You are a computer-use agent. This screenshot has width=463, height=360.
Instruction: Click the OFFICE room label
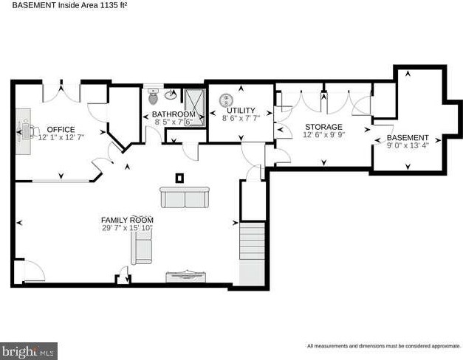pyautogui.click(x=61, y=130)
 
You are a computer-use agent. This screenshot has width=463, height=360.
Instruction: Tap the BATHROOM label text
pyautogui.click(x=174, y=114)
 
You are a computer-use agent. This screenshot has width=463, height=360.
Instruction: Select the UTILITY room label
pyautogui.click(x=241, y=111)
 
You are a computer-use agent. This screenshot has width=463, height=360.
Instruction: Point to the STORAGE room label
pyautogui.click(x=323, y=127)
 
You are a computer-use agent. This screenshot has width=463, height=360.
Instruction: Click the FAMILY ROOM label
pyautogui.click(x=127, y=220)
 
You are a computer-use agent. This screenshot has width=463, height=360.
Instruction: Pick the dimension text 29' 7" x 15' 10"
pyautogui.click(x=127, y=228)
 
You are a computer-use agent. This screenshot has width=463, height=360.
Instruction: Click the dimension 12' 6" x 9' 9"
pyautogui.click(x=324, y=134)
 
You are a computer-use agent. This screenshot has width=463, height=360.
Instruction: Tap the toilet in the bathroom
pyautogui.click(x=153, y=97)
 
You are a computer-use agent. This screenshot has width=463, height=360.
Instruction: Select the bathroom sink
pyautogui.click(x=171, y=94)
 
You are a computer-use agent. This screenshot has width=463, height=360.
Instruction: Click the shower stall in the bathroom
pyautogui.click(x=195, y=108)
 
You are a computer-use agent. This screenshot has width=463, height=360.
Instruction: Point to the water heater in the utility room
pyautogui.click(x=226, y=100)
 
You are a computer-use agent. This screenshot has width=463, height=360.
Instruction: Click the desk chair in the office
pyautogui.click(x=34, y=131)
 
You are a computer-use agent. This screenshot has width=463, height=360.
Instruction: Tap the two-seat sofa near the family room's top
pyautogui.click(x=185, y=197)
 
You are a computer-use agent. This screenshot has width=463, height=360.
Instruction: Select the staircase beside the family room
pyautogui.click(x=252, y=254)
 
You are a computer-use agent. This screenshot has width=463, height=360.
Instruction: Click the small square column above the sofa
pyautogui.click(x=179, y=178)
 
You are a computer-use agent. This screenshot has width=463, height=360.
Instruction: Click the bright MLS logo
pyautogui.click(x=29, y=351)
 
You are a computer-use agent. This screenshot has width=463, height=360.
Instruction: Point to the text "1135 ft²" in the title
pyautogui.click(x=114, y=5)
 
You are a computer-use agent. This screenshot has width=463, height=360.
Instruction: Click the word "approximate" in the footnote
pyautogui.click(x=446, y=346)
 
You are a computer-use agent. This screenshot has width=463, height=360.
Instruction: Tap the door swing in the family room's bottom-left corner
pyautogui.click(x=35, y=271)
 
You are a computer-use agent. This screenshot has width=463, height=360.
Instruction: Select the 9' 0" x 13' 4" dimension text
pyautogui.click(x=408, y=145)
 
